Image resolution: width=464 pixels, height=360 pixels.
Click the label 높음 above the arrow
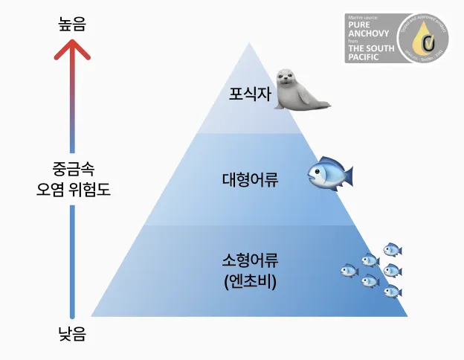click(72, 24)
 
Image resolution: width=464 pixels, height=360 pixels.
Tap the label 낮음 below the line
click(72, 335)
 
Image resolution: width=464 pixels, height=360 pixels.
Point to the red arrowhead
click(72, 50)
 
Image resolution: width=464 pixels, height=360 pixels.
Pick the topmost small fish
click(392, 249)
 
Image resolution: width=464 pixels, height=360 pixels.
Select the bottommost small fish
click(392, 292)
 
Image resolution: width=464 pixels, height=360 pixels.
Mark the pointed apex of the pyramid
click(250, 43)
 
